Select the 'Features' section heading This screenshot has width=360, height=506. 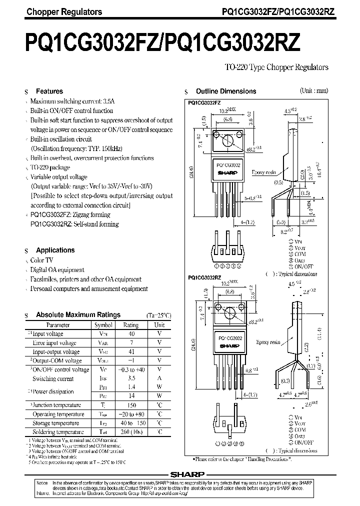pos(49,91)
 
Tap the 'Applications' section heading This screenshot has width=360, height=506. pos(55,250)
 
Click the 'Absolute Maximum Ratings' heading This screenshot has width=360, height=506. pos(78,315)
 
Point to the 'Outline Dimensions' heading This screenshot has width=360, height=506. pos(225,91)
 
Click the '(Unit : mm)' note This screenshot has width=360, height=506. pos(314,91)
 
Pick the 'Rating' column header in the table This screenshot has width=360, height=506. pos(130,324)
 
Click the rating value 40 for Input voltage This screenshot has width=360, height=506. pos(131,333)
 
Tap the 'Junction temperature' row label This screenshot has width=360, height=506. pos(56,405)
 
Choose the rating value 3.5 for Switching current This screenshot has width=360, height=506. pos(131,378)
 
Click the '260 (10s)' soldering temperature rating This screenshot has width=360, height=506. pos(131,432)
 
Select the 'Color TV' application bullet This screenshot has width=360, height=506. pos(41,260)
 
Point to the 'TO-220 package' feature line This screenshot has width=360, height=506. pos(50,167)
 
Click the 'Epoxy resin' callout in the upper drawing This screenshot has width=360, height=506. pos(264,171)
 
